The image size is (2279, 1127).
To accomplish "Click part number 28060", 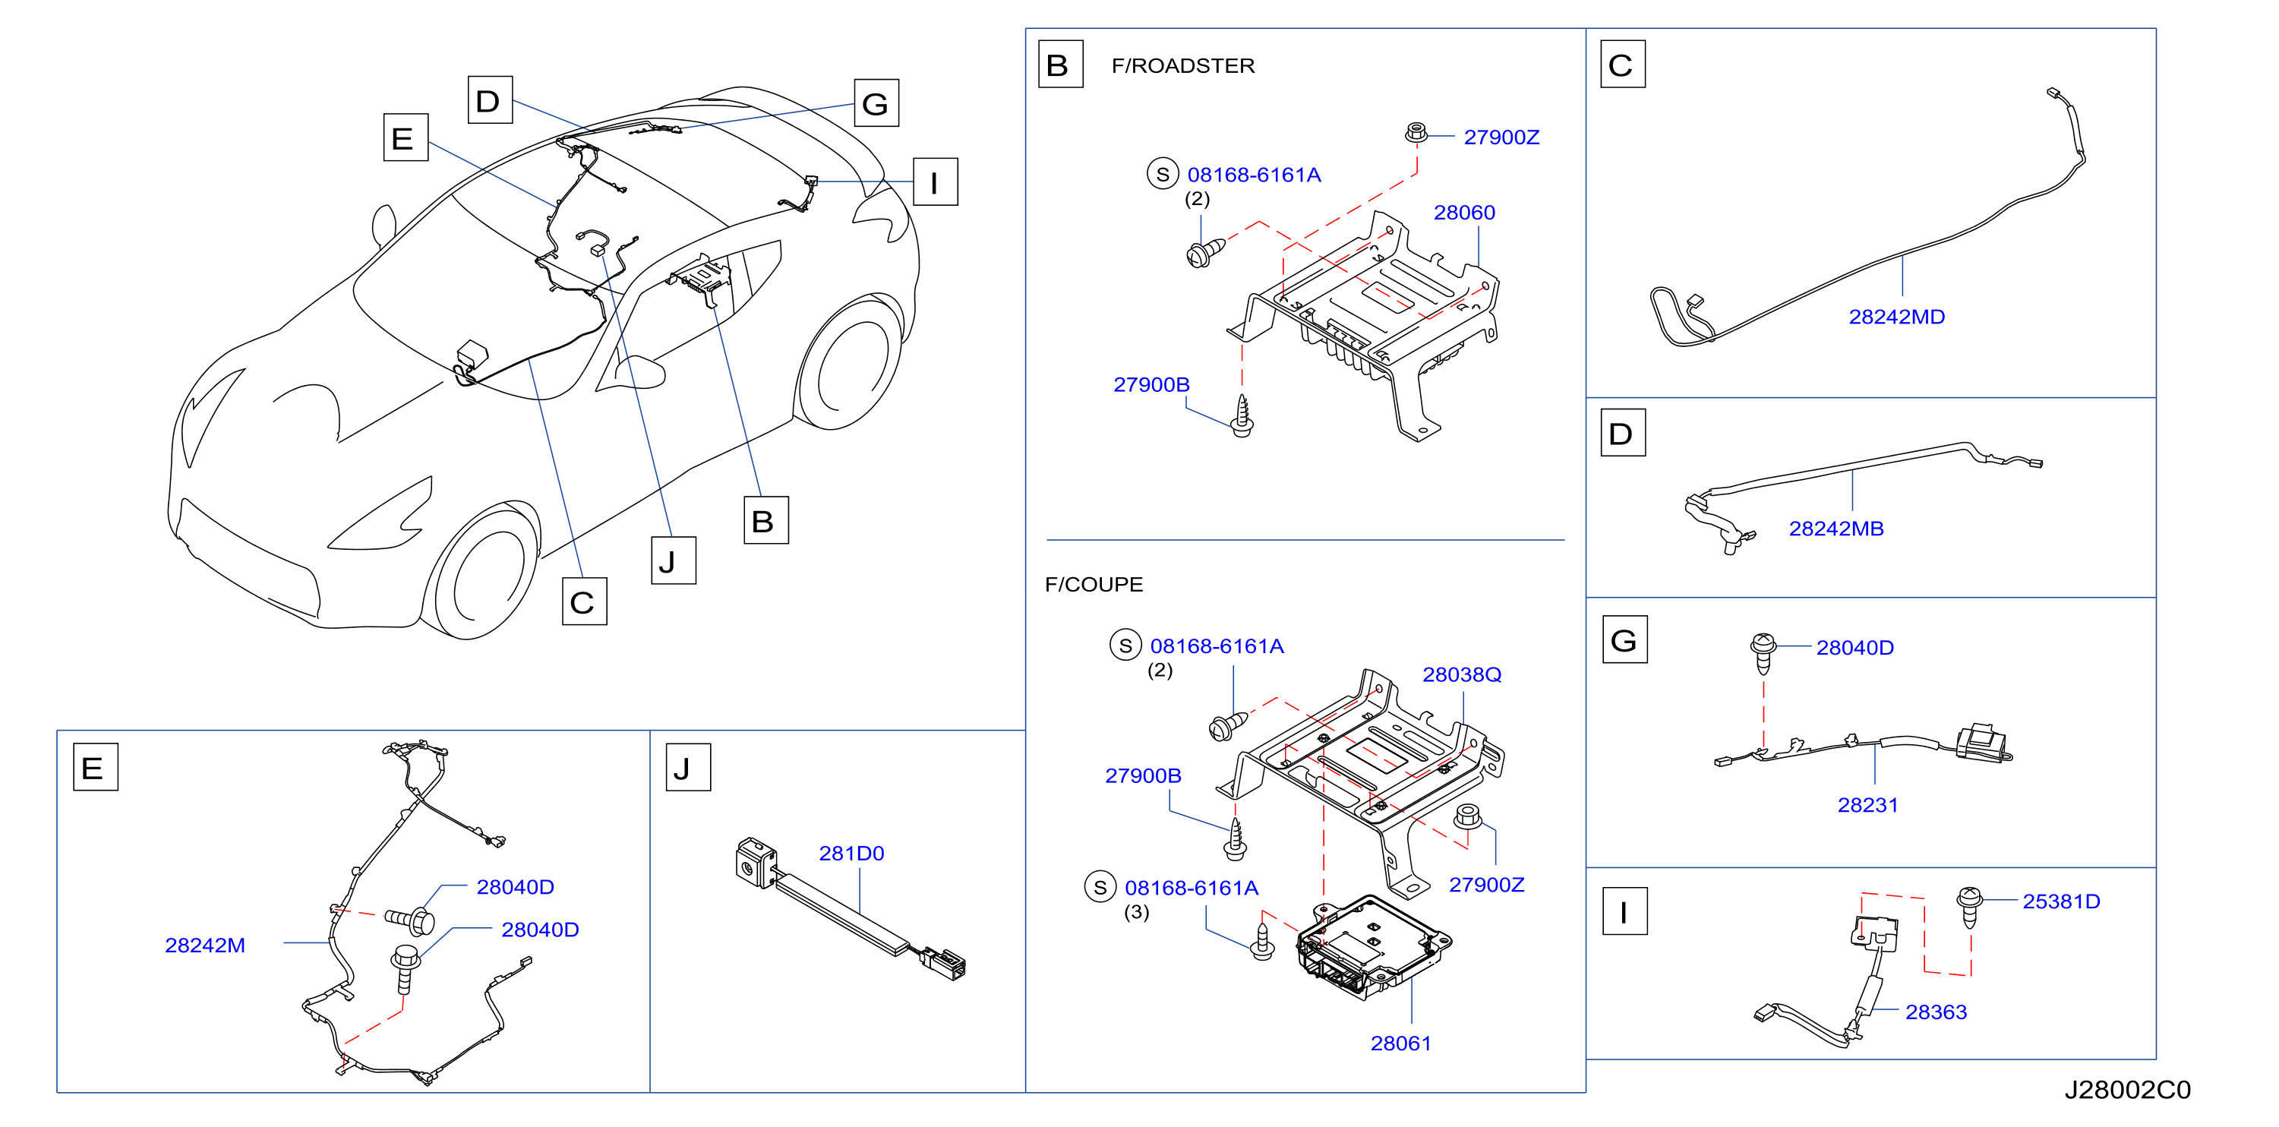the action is (x=1464, y=213).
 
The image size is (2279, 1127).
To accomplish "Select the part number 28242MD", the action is (x=1897, y=317).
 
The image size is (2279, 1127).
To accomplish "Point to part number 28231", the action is (x=1867, y=805).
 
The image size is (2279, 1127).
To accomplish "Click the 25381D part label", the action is (x=2061, y=901).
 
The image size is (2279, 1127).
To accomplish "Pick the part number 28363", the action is (x=1936, y=1012).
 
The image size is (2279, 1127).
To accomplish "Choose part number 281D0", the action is (x=851, y=853).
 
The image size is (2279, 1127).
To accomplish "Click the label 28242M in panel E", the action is (x=204, y=945).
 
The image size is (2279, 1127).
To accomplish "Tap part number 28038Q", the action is (x=1462, y=674).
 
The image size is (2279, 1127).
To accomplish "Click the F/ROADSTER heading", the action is (x=1183, y=65).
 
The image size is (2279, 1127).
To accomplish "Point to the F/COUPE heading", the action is (x=1094, y=584).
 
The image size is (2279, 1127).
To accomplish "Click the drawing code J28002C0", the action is (x=2128, y=1090).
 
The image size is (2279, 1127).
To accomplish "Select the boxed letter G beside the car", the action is (x=876, y=103).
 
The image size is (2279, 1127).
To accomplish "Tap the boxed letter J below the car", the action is (x=674, y=560).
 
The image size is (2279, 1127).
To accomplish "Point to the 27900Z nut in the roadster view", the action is (x=1416, y=134).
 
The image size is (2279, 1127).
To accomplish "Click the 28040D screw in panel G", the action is (x=1763, y=653).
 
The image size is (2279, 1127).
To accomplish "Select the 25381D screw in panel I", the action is (x=1968, y=907).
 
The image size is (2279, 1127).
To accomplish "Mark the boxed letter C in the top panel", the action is (x=1623, y=64).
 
